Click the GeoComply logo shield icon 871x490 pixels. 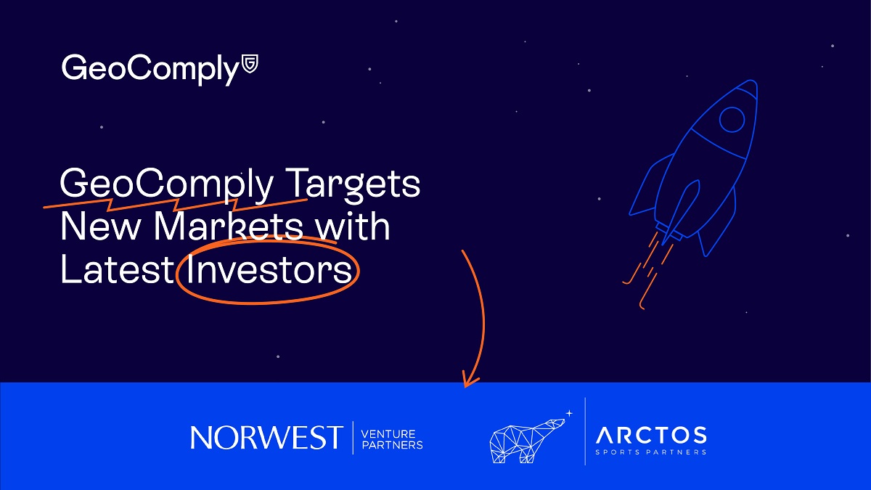click(x=250, y=64)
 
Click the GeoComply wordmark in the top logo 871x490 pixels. click(x=150, y=69)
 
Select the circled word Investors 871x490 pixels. click(x=269, y=270)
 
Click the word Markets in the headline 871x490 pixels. click(x=229, y=226)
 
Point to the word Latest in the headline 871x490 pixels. click(x=117, y=270)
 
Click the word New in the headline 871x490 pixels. click(x=100, y=226)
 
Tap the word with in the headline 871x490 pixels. click(x=352, y=226)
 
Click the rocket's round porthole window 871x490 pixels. click(x=732, y=119)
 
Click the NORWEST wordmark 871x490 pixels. click(x=267, y=438)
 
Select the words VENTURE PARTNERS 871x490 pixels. click(x=392, y=439)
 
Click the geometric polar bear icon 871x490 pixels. click(x=527, y=441)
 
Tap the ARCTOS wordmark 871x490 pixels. click(x=651, y=435)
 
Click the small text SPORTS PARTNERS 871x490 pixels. click(x=651, y=452)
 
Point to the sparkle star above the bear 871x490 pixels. click(x=569, y=413)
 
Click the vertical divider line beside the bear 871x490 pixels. click(x=585, y=431)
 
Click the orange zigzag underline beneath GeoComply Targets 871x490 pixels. click(x=175, y=204)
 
